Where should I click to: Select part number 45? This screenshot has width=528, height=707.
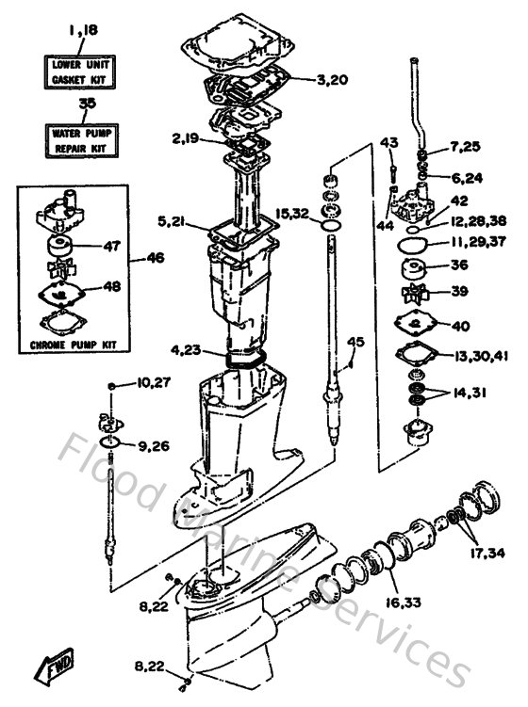tap(355, 341)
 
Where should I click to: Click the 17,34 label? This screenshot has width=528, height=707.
tap(487, 552)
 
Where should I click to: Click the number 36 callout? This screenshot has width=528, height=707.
tap(460, 265)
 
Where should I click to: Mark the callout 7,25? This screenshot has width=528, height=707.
tap(465, 147)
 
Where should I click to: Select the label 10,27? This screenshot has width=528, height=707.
tap(152, 383)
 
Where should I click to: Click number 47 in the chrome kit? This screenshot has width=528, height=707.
tap(112, 247)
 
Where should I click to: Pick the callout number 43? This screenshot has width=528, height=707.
tap(389, 142)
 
